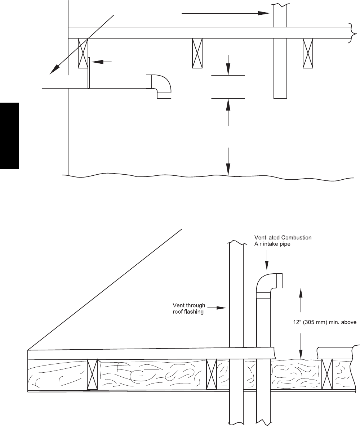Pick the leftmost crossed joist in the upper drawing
coord(83,53)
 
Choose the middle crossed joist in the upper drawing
coord(197,53)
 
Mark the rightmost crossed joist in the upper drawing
coord(308,53)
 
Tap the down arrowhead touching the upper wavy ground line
coord(228,171)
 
